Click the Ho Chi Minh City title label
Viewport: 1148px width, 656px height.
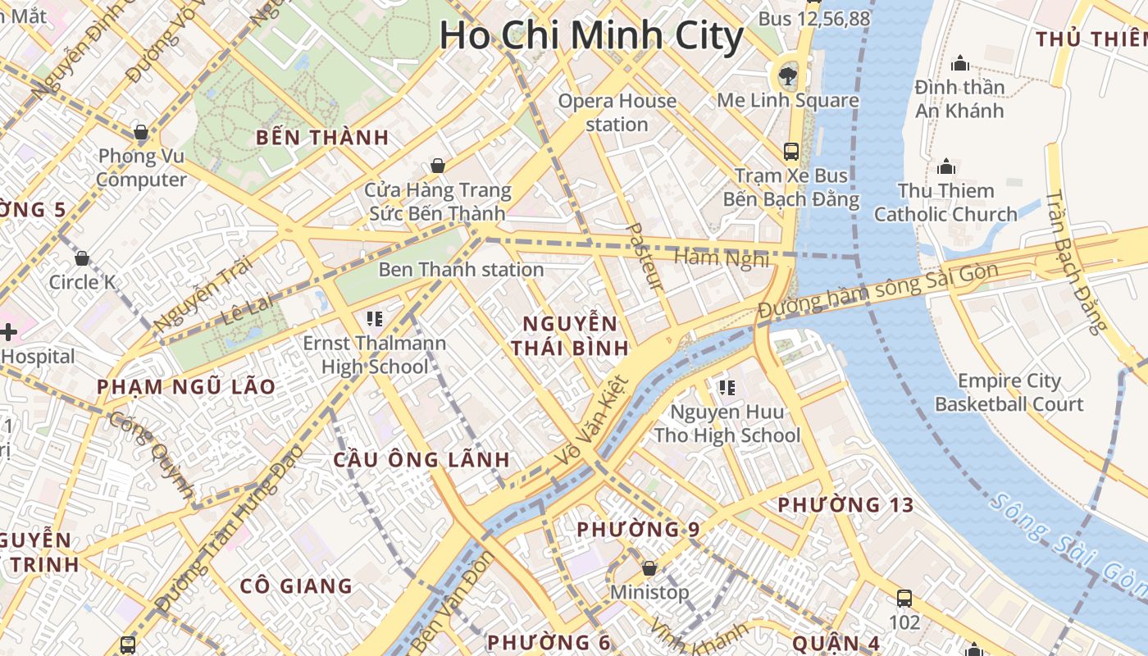click(591, 36)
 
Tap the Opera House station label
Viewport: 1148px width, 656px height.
click(617, 112)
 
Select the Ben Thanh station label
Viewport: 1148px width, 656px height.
click(461, 270)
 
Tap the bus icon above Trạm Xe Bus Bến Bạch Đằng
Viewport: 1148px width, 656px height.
click(791, 151)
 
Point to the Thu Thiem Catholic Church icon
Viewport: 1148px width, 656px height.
click(946, 167)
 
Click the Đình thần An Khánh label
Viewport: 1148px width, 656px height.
click(959, 98)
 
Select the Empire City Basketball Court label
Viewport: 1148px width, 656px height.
click(1009, 392)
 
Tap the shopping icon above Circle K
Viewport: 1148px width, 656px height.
click(82, 259)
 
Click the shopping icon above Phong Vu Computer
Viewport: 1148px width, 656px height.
click(141, 132)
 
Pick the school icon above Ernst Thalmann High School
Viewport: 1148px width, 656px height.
click(375, 319)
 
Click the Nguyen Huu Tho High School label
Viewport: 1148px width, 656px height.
click(727, 423)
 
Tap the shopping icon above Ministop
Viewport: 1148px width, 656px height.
click(649, 567)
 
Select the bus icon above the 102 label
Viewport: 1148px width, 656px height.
click(904, 598)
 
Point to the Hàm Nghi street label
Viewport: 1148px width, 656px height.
click(722, 258)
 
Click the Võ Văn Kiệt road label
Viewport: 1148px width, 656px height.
click(591, 422)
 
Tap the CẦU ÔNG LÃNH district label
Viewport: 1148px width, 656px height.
click(421, 460)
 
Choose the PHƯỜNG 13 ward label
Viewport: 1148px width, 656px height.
click(845, 505)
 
